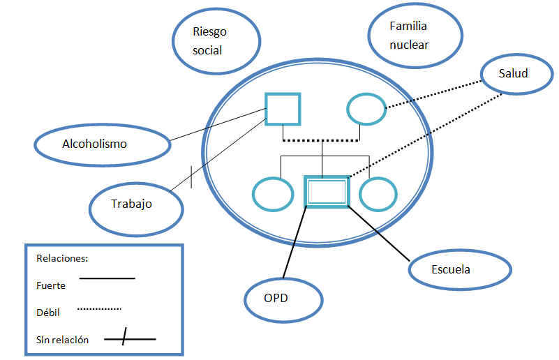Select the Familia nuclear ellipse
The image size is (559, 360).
pos(415,36)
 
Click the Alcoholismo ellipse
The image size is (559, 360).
pos(102,144)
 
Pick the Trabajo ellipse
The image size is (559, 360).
pos(136,206)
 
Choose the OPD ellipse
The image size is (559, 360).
pos(283,299)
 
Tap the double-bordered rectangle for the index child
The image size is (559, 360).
pos(327,191)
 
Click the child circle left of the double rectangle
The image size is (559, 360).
pos(273,195)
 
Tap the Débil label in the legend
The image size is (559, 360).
pos(47,313)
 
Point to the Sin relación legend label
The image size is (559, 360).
pos(62,340)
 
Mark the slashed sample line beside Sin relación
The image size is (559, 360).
pos(130,340)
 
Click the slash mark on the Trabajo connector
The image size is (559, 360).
pos(191,177)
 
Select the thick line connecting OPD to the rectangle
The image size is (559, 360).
pos(295,241)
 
